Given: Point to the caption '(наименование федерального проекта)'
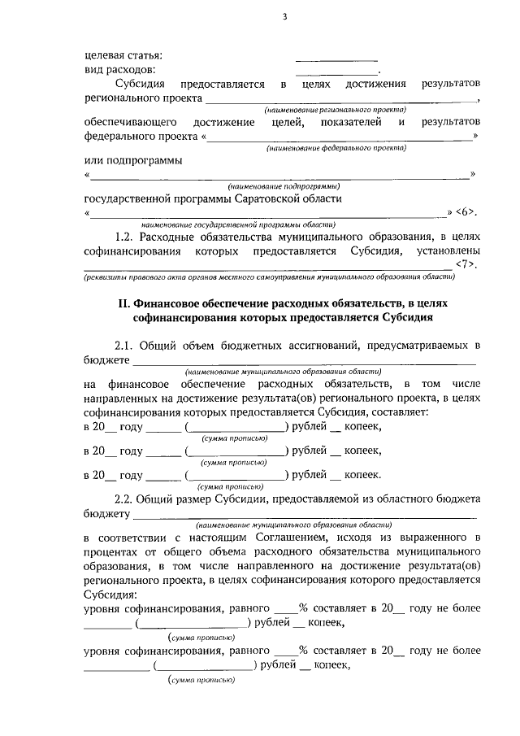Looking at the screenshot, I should point(336,148).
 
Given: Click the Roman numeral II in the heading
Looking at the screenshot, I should point(123,303).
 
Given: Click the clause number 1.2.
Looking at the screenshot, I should point(125,237).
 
